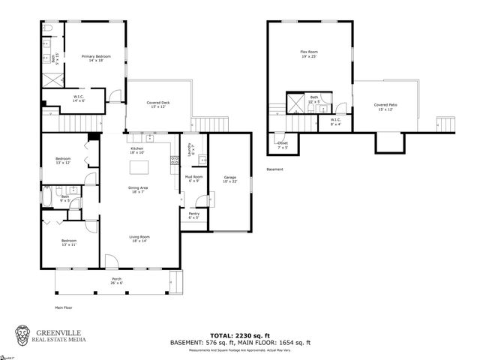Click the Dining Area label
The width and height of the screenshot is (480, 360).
coord(137,190)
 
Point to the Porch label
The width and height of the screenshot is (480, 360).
coord(117,280)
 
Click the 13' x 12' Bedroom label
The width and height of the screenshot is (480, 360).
coord(62,160)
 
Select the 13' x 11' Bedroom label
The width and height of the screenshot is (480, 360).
coord(68,242)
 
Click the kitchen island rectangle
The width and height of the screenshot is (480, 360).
coord(139,166)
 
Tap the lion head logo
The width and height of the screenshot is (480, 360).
coord(25,334)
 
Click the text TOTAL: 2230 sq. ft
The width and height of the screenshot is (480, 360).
coord(240,335)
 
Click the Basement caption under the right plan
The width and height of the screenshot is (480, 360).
coord(275,169)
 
